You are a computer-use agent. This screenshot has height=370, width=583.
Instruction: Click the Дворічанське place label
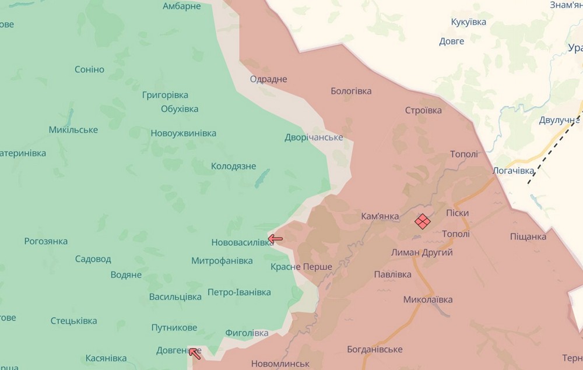pyautogui.click(x=314, y=138)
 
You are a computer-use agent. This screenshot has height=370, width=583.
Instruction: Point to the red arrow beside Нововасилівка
pyautogui.click(x=275, y=238)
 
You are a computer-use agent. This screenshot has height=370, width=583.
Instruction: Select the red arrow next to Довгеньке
pyautogui.click(x=195, y=353)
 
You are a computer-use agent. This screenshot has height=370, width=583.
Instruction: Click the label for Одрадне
pyautogui.click(x=268, y=79)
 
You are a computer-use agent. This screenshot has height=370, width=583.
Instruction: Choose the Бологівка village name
pyautogui.click(x=351, y=91)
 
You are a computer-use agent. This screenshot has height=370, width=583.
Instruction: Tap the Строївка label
pyautogui.click(x=423, y=110)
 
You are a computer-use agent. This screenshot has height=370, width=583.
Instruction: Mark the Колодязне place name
pyautogui.click(x=233, y=166)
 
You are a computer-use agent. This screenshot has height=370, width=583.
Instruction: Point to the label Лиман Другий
pyautogui.click(x=422, y=252)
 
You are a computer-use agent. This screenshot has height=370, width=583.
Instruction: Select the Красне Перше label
pyautogui.click(x=301, y=267)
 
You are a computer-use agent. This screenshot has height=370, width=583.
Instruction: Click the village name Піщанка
pyautogui.click(x=528, y=236)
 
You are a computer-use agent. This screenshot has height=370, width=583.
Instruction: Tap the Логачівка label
pyautogui.click(x=513, y=171)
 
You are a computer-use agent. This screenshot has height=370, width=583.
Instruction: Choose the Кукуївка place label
pyautogui.click(x=469, y=22)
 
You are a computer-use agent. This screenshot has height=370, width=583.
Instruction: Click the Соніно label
pyautogui.click(x=89, y=69)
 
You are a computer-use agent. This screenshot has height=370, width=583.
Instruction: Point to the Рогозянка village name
pyautogui.click(x=46, y=241)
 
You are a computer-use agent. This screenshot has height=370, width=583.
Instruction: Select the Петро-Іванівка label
pyautogui.click(x=239, y=291)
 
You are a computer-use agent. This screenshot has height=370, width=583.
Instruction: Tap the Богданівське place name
pyautogui.click(x=374, y=349)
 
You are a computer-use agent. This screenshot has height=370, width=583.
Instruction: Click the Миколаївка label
pyautogui.click(x=428, y=299)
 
